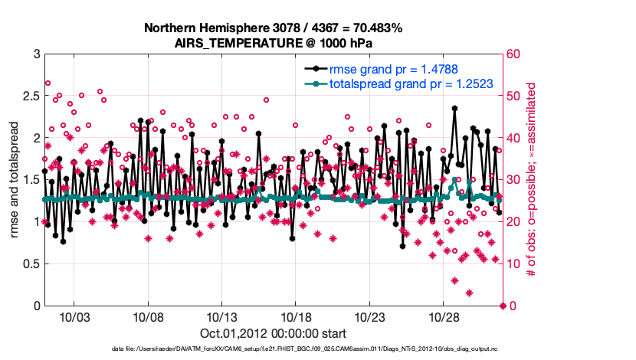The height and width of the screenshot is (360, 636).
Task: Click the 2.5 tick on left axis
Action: [x=31, y=97]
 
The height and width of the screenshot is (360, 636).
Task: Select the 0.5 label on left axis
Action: [x=31, y=264]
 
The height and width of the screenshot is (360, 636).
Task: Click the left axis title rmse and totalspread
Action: [x=13, y=180]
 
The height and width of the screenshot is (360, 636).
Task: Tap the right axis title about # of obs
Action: [x=530, y=180]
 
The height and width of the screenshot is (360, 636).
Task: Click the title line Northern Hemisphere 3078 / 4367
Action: [x=274, y=28]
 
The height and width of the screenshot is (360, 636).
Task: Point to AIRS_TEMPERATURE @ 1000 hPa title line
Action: [x=274, y=43]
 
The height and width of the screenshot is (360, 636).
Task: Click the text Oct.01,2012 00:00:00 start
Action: [x=273, y=333]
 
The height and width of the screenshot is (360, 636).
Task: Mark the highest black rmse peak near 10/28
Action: [x=454, y=108]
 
